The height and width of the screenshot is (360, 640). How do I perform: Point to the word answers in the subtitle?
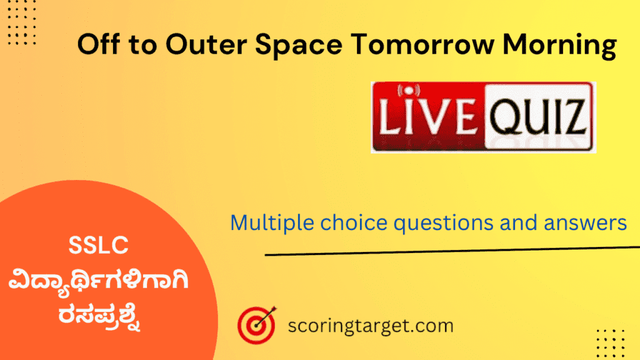587,222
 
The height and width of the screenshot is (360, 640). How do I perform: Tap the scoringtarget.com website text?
371,326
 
